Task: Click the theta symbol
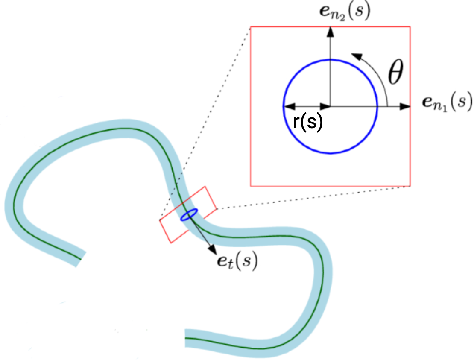tap(395, 72)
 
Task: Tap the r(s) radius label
tap(308, 122)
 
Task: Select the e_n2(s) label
tap(345, 12)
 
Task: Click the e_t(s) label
tap(237, 261)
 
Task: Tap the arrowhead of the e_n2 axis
tap(331, 32)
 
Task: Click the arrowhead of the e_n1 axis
tap(405, 106)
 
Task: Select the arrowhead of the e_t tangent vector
tap(212, 249)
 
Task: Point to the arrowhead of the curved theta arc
tap(356, 56)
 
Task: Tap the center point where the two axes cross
tap(331, 106)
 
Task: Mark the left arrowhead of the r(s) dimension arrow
tap(289, 106)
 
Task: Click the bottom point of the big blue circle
tap(331, 153)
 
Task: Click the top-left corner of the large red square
tap(251, 27)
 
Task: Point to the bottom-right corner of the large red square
tap(410, 186)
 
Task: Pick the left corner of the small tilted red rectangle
tap(160, 220)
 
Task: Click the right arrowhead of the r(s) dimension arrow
tap(325, 106)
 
